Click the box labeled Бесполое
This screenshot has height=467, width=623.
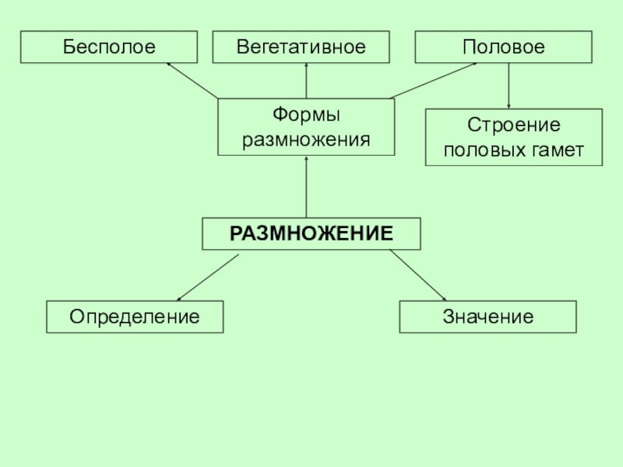point(109,47)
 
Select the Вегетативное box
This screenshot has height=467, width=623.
point(301,47)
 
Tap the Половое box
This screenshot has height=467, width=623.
point(504,47)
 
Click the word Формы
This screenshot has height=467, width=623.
point(306,116)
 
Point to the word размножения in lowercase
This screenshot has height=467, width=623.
point(306,140)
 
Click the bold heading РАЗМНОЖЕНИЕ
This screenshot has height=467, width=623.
point(311,233)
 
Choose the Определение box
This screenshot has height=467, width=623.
point(135,318)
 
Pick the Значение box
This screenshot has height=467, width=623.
point(488,318)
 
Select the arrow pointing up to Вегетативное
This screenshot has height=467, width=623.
point(306,81)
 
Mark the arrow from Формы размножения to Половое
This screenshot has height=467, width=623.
point(432,81)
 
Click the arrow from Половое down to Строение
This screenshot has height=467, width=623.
point(509,86)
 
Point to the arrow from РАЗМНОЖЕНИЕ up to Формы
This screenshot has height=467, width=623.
point(306,187)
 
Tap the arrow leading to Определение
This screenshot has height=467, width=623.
point(207,277)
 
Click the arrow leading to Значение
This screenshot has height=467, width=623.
point(417,276)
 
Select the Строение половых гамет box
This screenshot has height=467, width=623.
point(514,138)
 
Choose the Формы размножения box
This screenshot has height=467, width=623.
point(306,128)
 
